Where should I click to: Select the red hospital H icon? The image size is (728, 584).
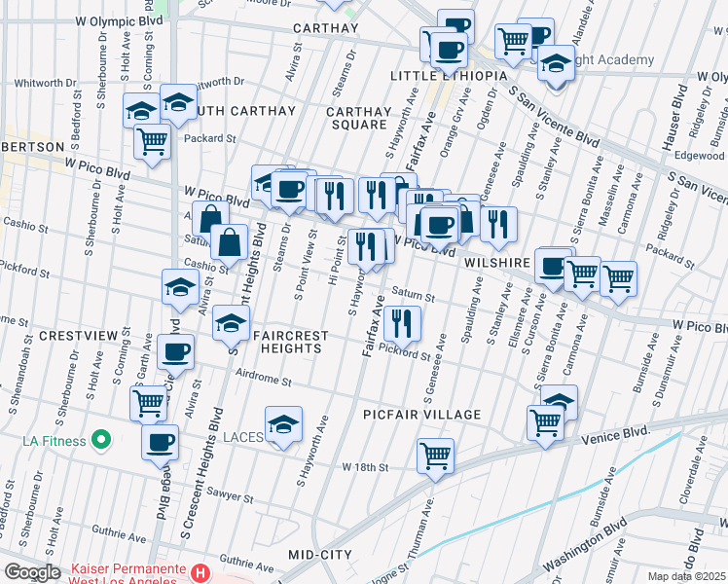pyautogui.click(x=200, y=573)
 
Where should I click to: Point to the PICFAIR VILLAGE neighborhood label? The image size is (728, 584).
pyautogui.click(x=422, y=415)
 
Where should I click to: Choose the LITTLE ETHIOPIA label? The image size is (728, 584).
pyautogui.click(x=449, y=75)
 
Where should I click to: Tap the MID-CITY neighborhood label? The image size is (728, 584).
pyautogui.click(x=320, y=554)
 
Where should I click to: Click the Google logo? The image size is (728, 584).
pyautogui.click(x=32, y=572)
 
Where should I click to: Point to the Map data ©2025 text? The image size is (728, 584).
pyautogui.click(x=686, y=576)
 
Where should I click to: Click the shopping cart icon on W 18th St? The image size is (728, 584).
pyautogui.click(x=435, y=454)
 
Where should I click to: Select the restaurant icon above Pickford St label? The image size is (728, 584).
pyautogui.click(x=401, y=320)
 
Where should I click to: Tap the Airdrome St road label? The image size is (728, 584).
pyautogui.click(x=267, y=383)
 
